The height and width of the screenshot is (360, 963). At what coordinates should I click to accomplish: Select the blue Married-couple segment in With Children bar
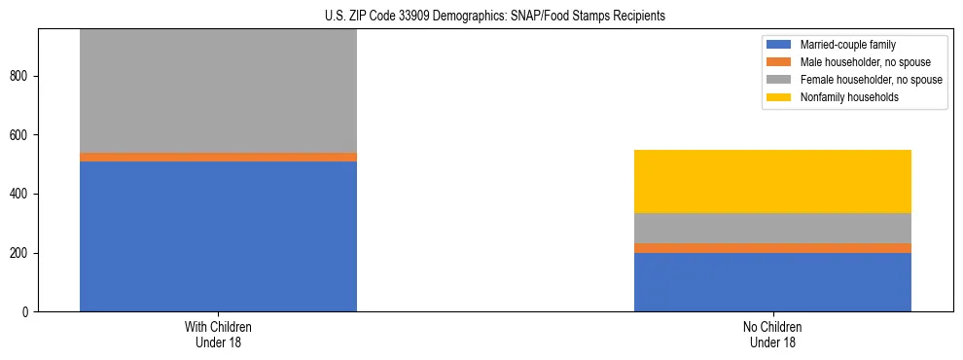click(218, 236)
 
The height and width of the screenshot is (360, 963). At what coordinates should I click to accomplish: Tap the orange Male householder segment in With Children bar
click(218, 157)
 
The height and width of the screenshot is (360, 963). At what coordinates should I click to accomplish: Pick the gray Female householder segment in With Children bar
click(218, 90)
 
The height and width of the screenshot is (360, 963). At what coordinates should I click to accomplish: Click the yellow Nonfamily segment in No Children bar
click(772, 181)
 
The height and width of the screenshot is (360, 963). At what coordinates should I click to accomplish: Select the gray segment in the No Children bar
click(772, 228)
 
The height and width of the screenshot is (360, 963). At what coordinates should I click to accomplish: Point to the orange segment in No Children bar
click(772, 248)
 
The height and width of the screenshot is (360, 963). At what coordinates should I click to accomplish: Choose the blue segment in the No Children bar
click(772, 282)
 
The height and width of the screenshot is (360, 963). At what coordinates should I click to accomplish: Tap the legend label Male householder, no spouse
click(857, 62)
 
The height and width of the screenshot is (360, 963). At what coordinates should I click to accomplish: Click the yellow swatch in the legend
click(779, 97)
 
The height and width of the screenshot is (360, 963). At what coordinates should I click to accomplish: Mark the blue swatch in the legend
click(779, 45)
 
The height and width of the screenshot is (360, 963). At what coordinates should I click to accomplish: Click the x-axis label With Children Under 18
click(218, 335)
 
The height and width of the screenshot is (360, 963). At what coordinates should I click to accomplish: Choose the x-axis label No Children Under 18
click(772, 335)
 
